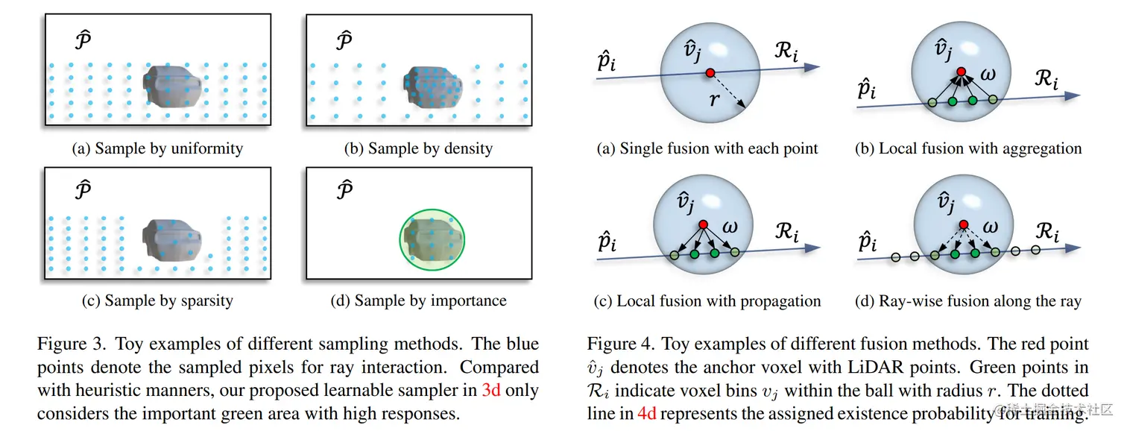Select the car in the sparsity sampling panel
click(x=174, y=240)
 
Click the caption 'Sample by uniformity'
click(x=157, y=148)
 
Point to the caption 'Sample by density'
click(x=418, y=148)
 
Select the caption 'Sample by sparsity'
click(x=157, y=301)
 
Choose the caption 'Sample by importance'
click(x=418, y=301)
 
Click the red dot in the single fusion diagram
click(x=710, y=72)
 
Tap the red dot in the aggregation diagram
click(x=962, y=72)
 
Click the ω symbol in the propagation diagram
click(x=730, y=227)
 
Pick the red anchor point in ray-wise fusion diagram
click(x=964, y=224)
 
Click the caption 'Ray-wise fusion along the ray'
click(x=968, y=301)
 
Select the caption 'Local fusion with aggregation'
click(x=968, y=148)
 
